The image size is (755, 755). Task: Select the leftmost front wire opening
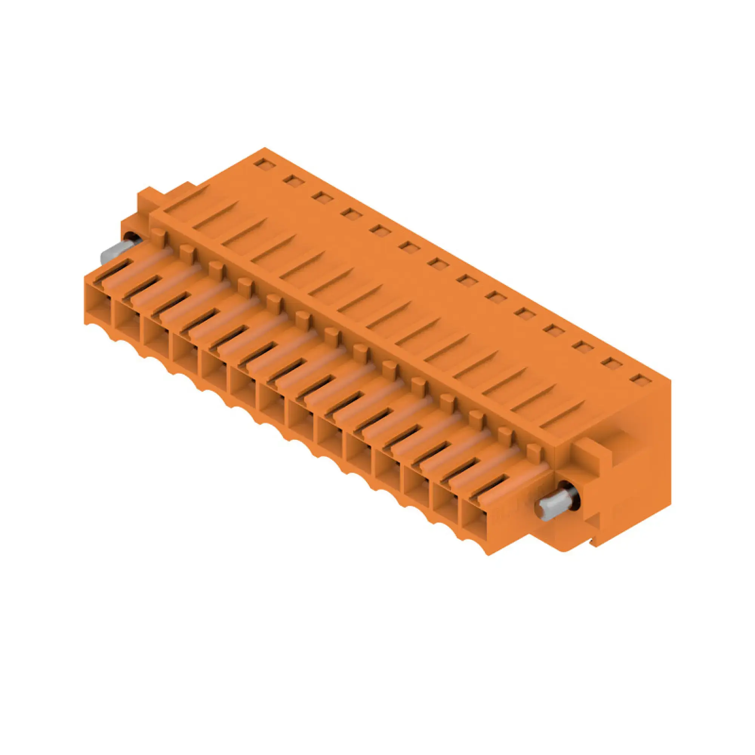(98, 300)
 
